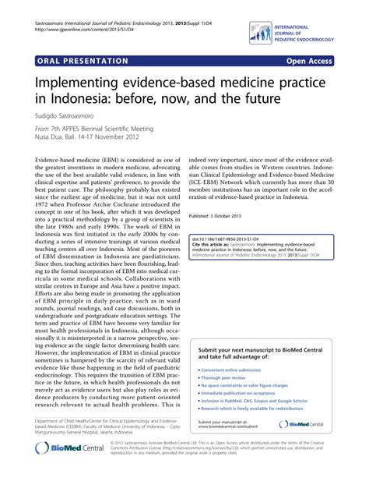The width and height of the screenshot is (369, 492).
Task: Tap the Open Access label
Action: [x=328, y=60]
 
